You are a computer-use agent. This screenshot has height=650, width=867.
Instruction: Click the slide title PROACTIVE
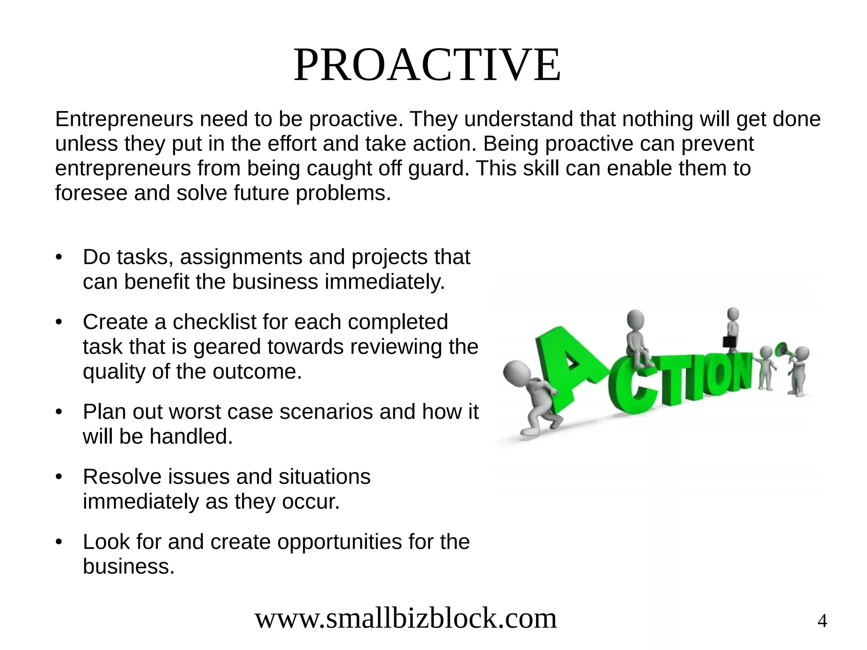427,66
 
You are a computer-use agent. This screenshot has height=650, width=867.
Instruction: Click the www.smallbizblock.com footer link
406,618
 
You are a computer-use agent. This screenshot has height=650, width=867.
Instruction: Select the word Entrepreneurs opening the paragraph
124,119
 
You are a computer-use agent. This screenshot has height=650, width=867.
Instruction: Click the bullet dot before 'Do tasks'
59,258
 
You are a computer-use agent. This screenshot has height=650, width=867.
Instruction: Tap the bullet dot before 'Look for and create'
59,542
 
